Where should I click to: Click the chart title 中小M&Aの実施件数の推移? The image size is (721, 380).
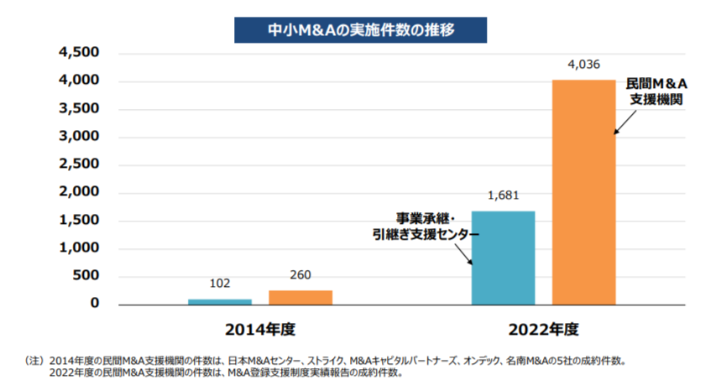(360, 30)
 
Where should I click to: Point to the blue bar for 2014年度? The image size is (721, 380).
(220, 300)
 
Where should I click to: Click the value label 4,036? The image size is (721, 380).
(583, 64)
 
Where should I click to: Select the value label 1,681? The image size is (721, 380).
(504, 195)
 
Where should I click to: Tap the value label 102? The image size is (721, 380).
(220, 284)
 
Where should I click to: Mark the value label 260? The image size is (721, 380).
(300, 275)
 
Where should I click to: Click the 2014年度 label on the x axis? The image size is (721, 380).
(260, 327)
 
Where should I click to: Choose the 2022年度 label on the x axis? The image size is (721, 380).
(544, 327)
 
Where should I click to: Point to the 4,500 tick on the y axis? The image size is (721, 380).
(79, 53)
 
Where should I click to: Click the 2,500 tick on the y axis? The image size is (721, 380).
(79, 164)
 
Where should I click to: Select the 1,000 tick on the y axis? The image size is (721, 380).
(79, 248)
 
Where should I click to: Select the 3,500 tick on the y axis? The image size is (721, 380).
(79, 109)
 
